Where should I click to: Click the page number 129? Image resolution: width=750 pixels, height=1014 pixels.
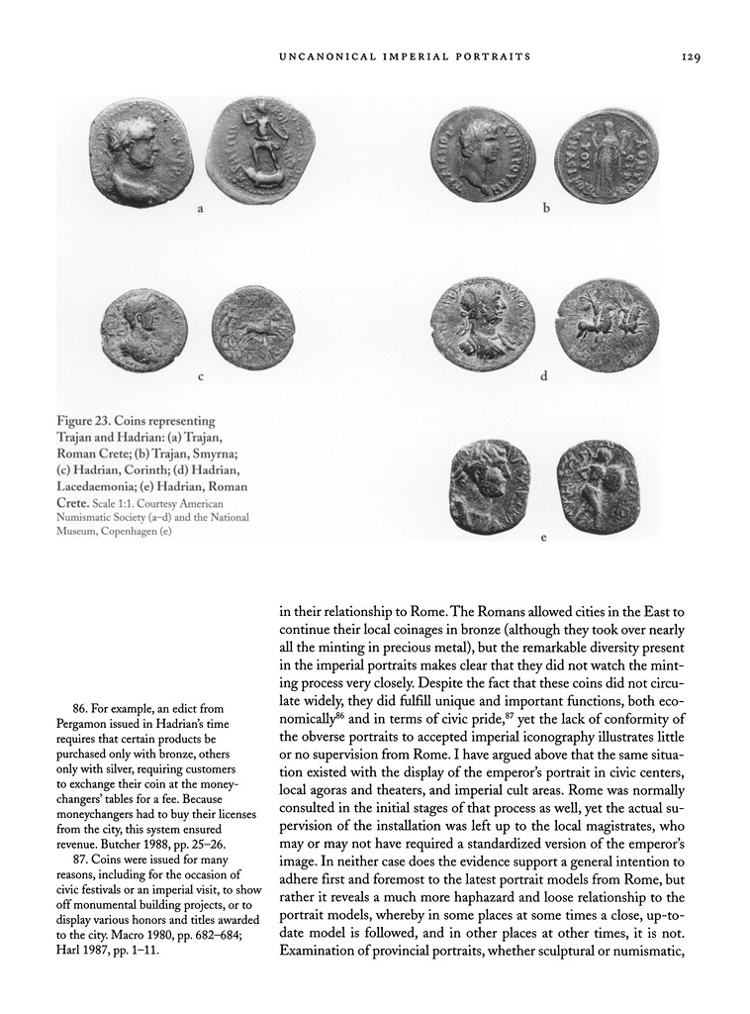click(691, 57)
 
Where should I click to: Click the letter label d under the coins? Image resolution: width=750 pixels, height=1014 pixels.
click(543, 376)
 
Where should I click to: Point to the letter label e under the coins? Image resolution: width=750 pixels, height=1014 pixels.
click(543, 538)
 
